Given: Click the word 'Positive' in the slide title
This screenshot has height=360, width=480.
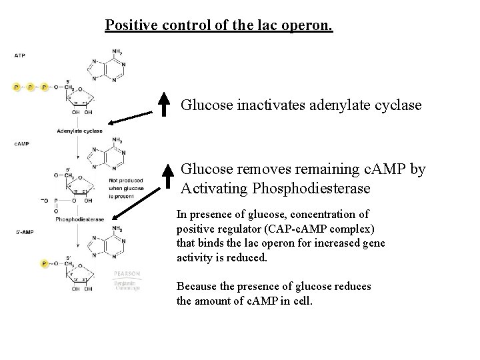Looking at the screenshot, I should tap(129, 26).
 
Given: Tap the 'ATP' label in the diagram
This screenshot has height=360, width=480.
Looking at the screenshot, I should tap(20, 55).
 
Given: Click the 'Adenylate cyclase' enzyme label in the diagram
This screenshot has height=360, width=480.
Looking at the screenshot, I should tap(79, 131).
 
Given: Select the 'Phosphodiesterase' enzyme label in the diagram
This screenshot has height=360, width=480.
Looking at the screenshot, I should tap(79, 219).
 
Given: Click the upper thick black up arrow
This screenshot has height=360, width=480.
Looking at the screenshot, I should tap(165, 103).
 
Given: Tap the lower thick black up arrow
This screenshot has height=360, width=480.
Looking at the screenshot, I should tap(165, 179).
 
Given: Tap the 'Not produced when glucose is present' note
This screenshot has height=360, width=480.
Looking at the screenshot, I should tap(121, 189).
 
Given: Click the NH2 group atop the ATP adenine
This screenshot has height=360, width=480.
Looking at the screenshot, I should tap(117, 51).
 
